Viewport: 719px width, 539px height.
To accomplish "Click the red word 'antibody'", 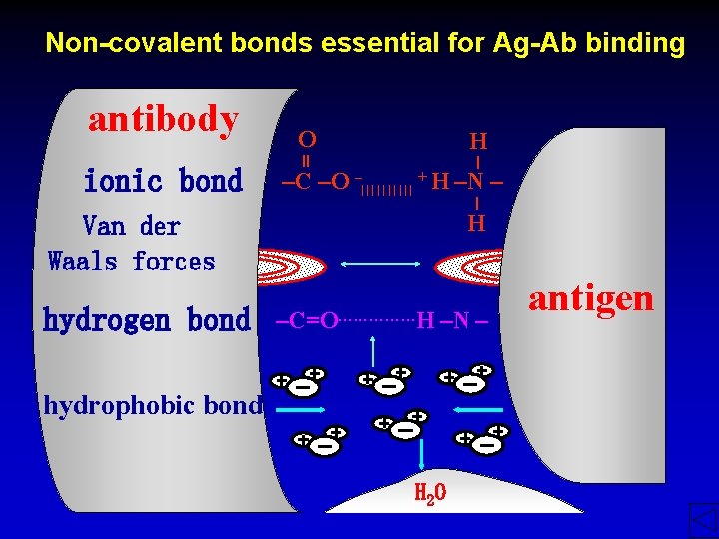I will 163,120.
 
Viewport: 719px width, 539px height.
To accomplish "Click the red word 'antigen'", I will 591,297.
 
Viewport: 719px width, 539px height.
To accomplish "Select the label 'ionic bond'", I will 163,181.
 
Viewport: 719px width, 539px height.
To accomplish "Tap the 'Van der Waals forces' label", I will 132,244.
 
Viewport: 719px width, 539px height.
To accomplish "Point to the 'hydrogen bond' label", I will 147,320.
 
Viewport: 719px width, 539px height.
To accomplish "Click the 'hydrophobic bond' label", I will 150,405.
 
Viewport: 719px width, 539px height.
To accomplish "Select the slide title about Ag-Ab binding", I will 365,43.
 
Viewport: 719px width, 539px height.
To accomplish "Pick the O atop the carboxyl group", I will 307,139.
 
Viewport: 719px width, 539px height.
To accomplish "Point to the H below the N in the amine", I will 477,222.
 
